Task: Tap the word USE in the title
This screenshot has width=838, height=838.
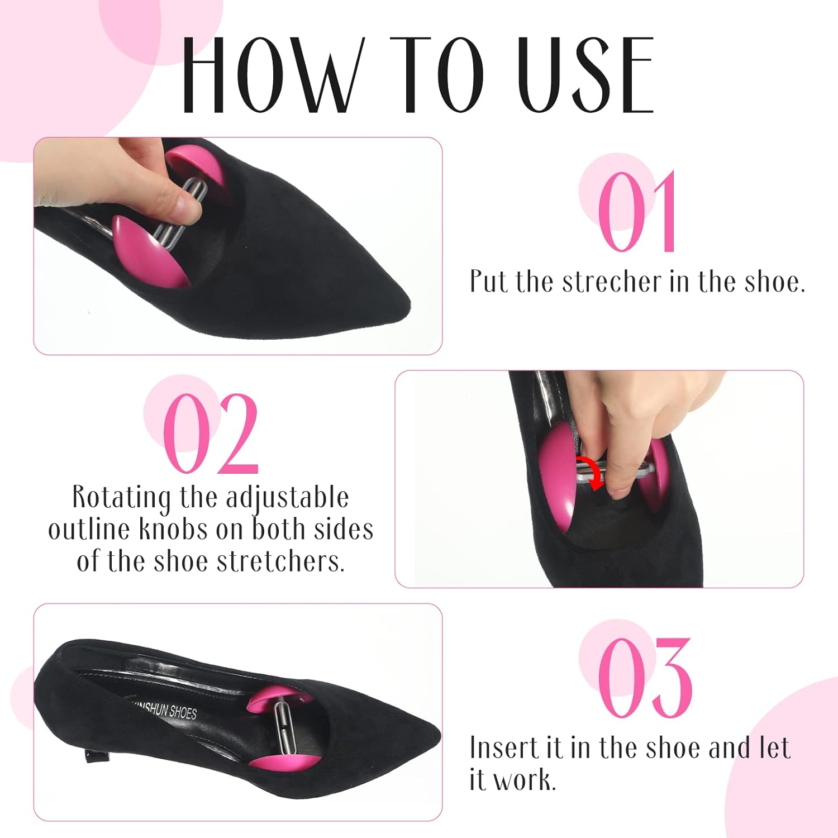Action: point(585,75)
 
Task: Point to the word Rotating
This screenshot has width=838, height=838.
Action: point(121,497)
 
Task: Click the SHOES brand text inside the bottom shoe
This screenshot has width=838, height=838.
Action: point(183,713)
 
